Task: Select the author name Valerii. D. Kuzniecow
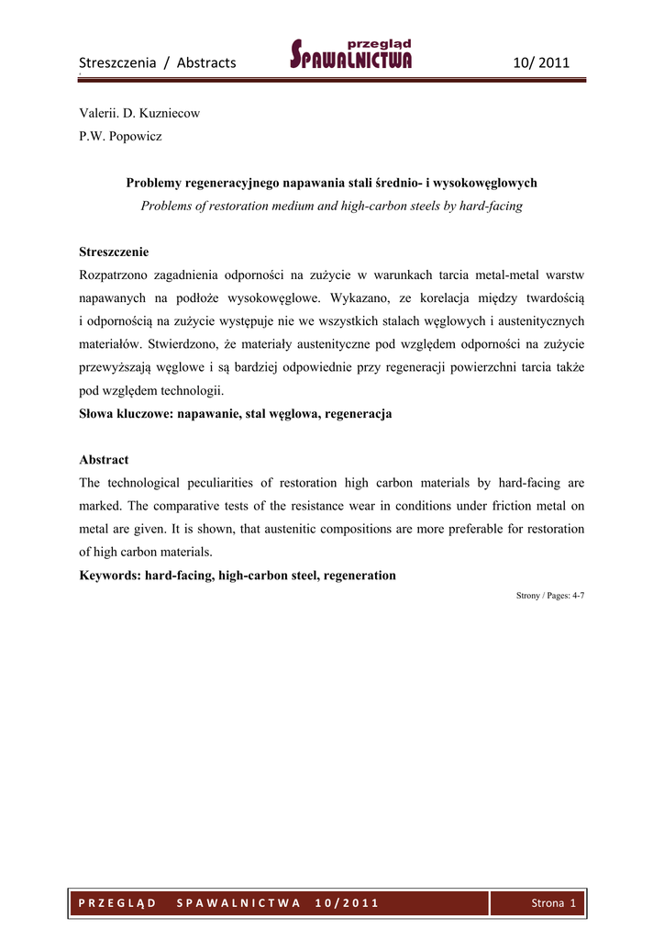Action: pos(139,114)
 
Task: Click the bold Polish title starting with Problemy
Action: pos(331,183)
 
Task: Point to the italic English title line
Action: pos(331,206)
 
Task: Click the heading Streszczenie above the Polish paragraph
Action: pos(114,252)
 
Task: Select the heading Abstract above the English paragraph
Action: pos(104,459)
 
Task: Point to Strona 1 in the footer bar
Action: pos(553,903)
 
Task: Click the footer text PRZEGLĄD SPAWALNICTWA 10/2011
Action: pos(228,903)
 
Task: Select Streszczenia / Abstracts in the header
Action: pos(158,63)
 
